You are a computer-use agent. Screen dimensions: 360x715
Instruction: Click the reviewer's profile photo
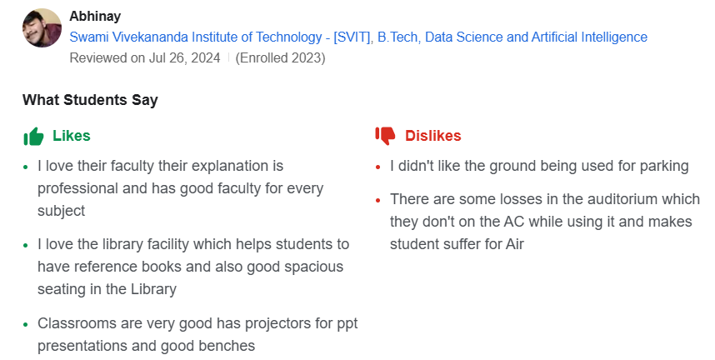42,27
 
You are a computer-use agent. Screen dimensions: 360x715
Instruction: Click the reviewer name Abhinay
95,16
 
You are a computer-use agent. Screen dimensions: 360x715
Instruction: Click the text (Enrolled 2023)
281,57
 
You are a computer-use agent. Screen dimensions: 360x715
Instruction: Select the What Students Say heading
90,100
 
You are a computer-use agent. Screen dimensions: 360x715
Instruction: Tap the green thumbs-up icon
33,136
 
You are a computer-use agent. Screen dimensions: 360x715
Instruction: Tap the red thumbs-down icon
385,135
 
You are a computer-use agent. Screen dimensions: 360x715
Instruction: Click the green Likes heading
72,135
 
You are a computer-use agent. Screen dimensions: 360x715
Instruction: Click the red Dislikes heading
432,135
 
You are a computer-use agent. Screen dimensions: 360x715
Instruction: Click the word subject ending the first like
61,211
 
